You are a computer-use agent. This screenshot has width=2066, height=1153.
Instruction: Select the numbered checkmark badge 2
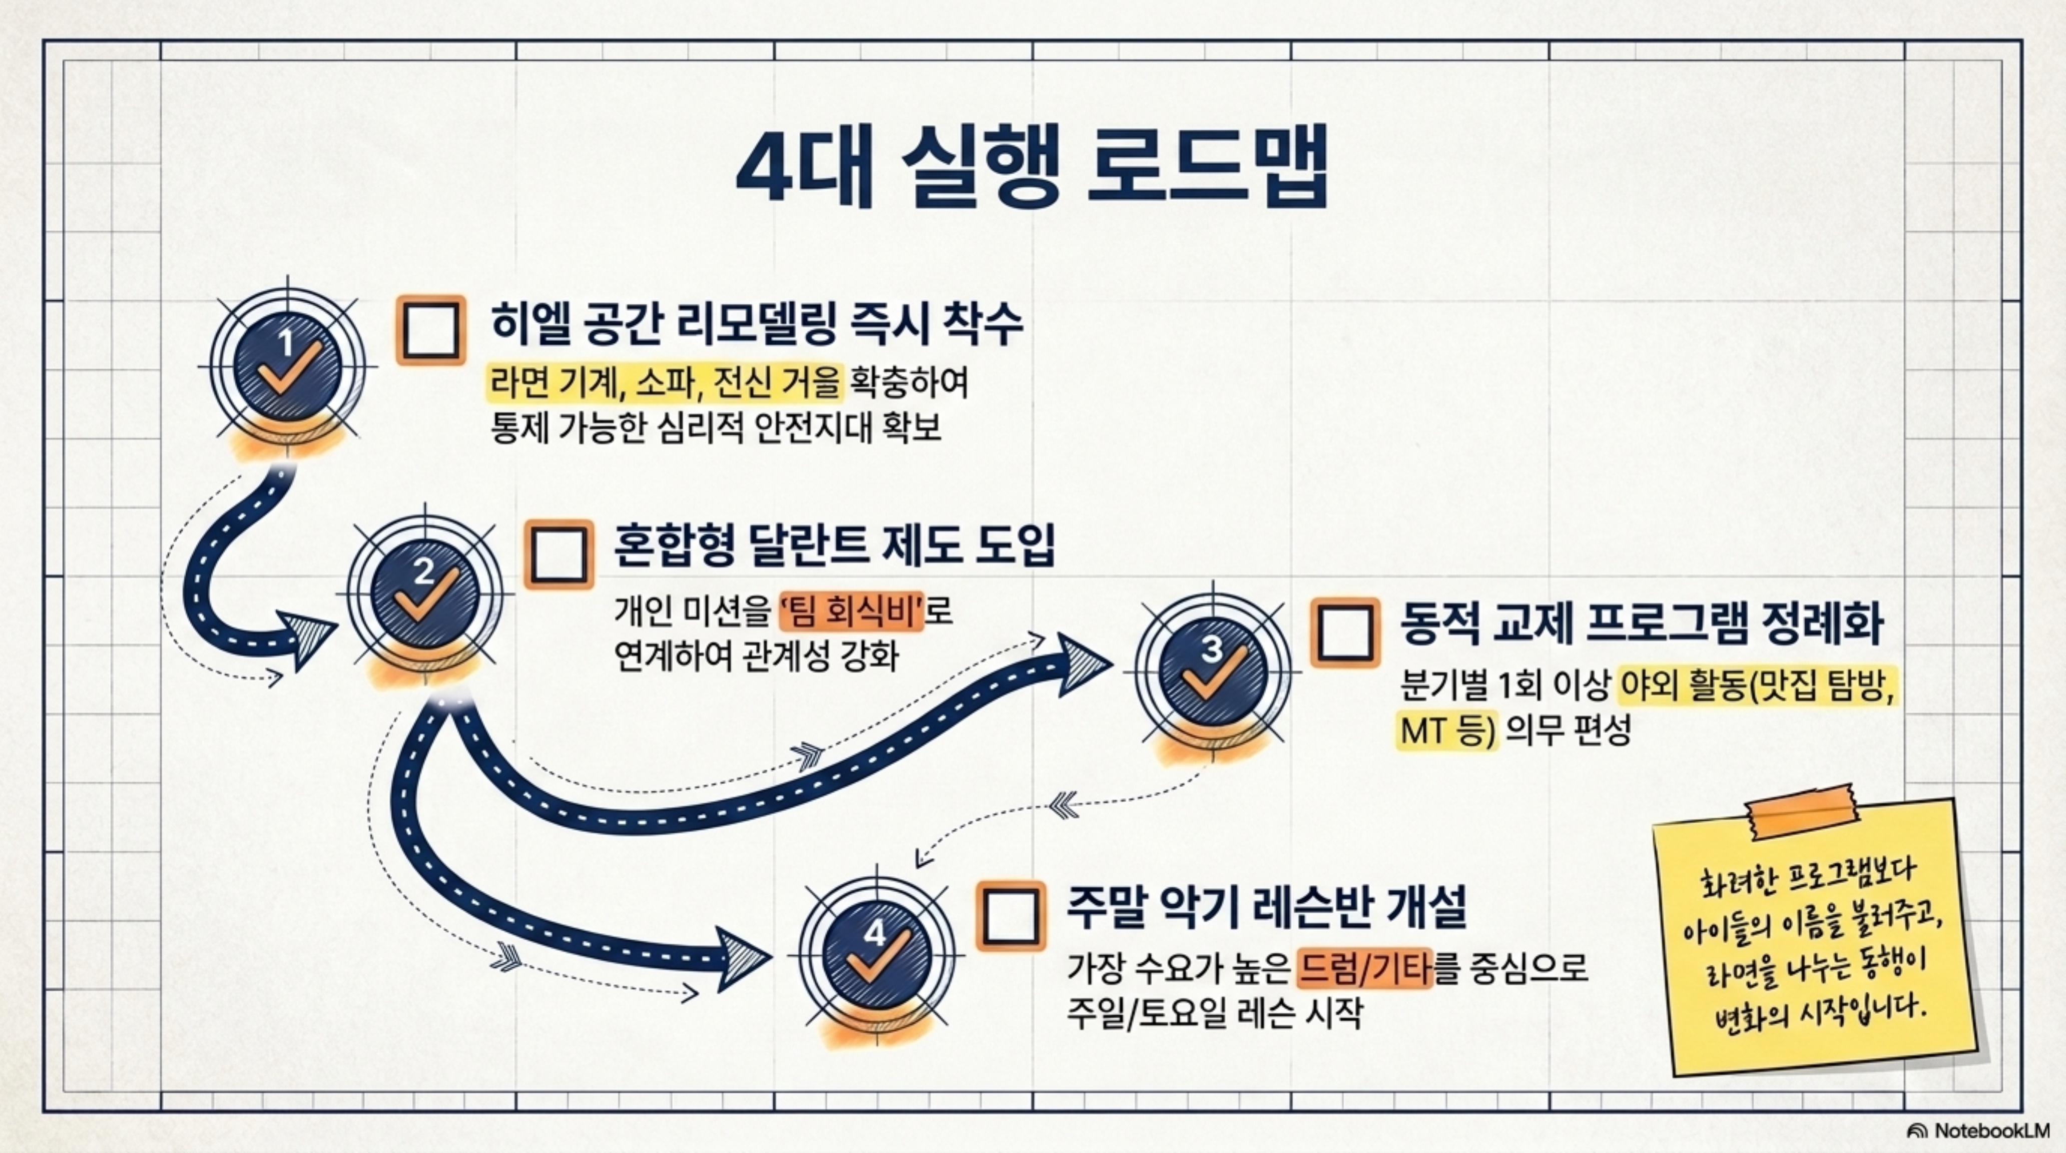[425, 594]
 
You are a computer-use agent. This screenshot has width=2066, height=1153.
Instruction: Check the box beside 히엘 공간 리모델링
[431, 330]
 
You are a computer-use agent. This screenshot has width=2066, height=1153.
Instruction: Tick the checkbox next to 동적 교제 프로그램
[1345, 632]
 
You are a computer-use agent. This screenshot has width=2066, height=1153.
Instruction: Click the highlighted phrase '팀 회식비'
[852, 614]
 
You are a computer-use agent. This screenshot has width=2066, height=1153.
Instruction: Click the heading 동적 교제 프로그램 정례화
[1640, 625]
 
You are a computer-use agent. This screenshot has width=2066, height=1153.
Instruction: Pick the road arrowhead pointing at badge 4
[742, 959]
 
